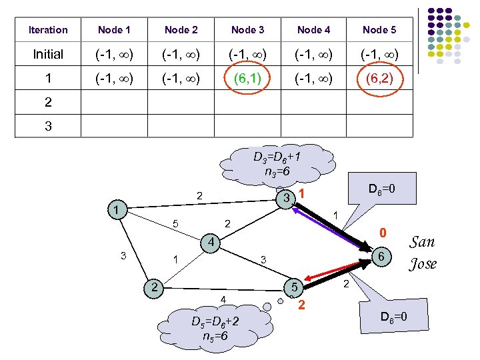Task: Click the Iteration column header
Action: click(x=48, y=30)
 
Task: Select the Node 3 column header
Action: click(x=247, y=30)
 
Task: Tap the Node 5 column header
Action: click(x=379, y=30)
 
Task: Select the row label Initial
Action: click(x=48, y=55)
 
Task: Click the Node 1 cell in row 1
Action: click(x=114, y=79)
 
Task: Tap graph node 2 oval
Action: click(x=154, y=287)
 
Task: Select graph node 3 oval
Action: click(x=285, y=199)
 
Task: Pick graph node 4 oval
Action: click(x=209, y=242)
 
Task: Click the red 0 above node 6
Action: click(x=383, y=233)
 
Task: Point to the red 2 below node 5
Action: click(x=301, y=306)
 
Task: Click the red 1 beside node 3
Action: click(x=301, y=194)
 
